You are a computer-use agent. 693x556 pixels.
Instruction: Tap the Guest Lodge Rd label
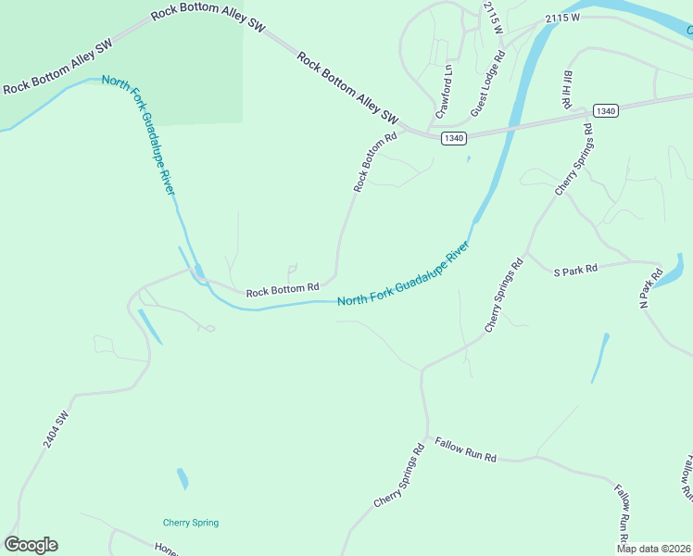486,82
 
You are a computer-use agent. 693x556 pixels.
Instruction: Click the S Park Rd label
576,271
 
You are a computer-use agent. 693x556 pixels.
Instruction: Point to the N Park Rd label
652,287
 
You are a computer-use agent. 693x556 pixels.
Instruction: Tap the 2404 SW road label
56,432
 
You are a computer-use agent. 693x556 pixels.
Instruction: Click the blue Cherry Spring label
191,523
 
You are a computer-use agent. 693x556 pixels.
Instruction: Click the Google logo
31,545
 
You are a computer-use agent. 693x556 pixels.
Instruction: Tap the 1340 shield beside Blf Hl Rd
605,111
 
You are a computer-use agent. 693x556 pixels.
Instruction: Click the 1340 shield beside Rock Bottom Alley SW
453,138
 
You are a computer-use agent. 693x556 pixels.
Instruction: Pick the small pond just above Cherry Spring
183,478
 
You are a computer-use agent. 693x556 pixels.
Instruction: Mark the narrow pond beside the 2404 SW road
149,326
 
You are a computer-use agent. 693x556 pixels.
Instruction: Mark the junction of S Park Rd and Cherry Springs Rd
526,252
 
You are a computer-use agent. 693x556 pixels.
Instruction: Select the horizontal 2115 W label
562,18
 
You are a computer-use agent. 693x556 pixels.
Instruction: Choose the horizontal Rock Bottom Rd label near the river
283,290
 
